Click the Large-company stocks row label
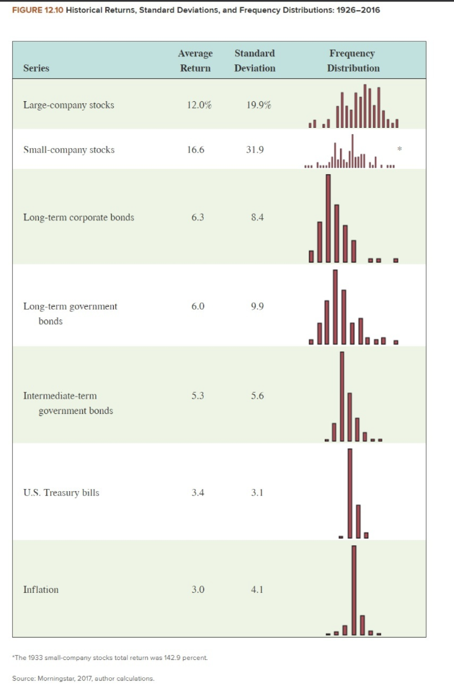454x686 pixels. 68,105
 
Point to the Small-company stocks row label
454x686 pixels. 68,149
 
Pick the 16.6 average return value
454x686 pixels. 195,149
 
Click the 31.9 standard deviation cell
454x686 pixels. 254,149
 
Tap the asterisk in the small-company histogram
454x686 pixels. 399,147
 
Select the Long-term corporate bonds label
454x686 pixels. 78,217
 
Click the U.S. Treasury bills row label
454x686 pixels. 61,493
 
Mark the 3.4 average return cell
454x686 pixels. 197,493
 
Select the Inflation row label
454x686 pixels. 41,590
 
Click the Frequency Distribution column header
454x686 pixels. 353,60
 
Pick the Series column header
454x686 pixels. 36,68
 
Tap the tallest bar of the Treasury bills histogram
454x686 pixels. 350,492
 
